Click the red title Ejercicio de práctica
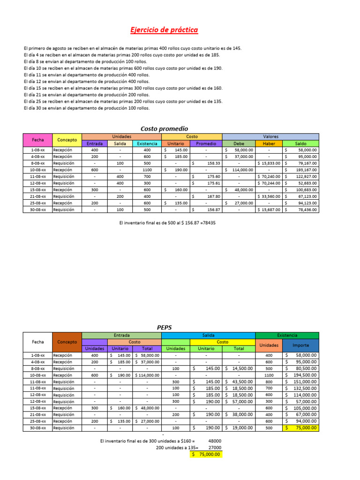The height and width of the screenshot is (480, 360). click(x=164, y=30)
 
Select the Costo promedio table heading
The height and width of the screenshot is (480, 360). click(x=164, y=128)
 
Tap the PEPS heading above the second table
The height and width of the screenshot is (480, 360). click(x=164, y=327)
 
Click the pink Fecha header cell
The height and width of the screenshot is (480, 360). click(x=38, y=140)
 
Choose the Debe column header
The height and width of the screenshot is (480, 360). click(x=239, y=143)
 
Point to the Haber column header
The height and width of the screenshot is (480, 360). click(x=269, y=143)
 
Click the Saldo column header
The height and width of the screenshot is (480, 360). click(x=301, y=143)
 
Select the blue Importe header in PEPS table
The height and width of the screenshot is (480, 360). click(x=301, y=345)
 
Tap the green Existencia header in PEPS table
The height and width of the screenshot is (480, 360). click(x=287, y=336)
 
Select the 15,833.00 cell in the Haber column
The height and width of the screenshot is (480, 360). click(x=269, y=163)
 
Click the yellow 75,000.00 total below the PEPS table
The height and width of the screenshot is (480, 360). click(x=206, y=455)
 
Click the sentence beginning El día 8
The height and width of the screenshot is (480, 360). click(x=85, y=61)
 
